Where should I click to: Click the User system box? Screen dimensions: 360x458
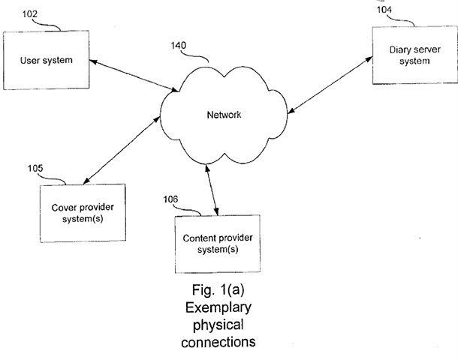coord(47,61)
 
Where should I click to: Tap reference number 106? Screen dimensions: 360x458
coord(173,199)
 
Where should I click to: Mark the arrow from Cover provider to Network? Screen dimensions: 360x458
coord(120,148)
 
